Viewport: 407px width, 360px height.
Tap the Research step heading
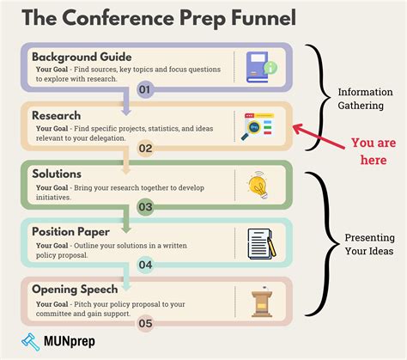point(57,113)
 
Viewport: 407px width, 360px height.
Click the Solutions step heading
point(58,174)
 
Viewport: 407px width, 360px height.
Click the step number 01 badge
point(144,88)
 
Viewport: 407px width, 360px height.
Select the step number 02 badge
point(144,148)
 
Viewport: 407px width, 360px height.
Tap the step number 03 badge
point(144,207)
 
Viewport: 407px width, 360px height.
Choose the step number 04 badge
point(144,265)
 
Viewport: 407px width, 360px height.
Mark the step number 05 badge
point(144,323)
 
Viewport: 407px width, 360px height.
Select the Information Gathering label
point(366,99)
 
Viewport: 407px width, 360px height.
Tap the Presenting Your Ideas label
point(369,244)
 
